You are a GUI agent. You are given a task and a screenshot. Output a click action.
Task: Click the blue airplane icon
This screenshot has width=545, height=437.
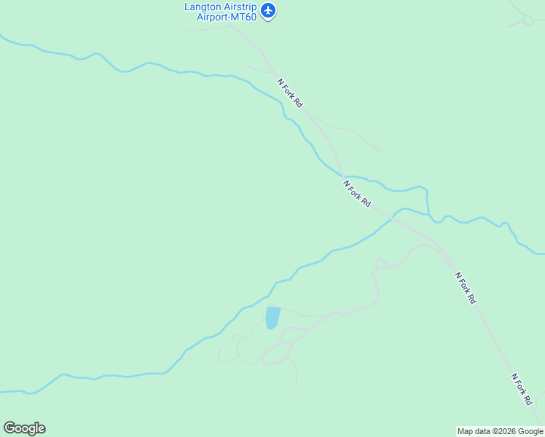[x=269, y=10]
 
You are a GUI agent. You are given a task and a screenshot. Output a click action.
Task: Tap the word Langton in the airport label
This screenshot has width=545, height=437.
[x=202, y=7]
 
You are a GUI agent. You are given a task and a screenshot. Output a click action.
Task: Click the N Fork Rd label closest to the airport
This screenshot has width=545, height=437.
[x=290, y=93]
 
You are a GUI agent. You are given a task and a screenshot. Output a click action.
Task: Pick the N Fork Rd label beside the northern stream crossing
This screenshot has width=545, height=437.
[x=357, y=194]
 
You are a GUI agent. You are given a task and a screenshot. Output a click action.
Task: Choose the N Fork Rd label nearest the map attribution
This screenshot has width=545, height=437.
[x=522, y=390]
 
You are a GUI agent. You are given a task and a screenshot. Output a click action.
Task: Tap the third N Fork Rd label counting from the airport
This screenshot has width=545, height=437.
[x=465, y=288]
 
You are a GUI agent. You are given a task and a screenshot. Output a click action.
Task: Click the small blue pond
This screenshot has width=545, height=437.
[x=272, y=318]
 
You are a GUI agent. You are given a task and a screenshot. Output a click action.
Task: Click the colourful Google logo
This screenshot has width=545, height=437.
[x=24, y=428]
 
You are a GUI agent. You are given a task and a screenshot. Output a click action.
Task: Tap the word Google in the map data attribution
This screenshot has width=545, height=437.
[x=531, y=432]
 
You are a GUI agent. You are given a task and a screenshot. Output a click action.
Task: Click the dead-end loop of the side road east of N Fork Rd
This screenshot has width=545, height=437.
[x=377, y=150]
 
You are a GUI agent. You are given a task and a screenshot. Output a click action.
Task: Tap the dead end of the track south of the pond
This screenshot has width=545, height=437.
[x=297, y=385]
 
